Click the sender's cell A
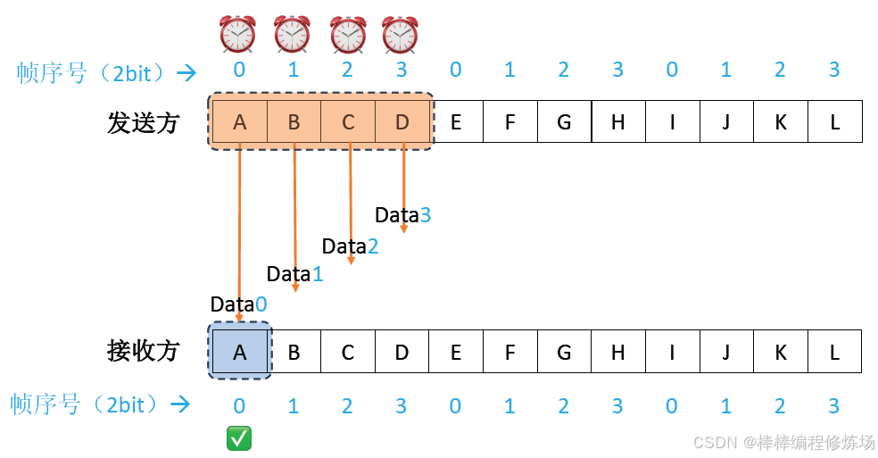(x=239, y=122)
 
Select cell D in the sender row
(x=402, y=122)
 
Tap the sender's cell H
(x=617, y=122)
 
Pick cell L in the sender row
(x=834, y=122)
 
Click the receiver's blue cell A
(x=239, y=352)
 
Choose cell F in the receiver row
(x=509, y=352)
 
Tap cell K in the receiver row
(x=780, y=352)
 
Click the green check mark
(x=239, y=438)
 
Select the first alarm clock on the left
(x=237, y=35)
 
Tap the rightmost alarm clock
(x=400, y=35)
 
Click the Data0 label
(x=238, y=304)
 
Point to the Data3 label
(x=402, y=214)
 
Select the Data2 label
(x=350, y=246)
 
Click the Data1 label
(x=294, y=274)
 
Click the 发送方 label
(x=144, y=123)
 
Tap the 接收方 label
(x=144, y=352)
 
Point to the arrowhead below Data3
(x=404, y=229)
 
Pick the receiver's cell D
(x=402, y=352)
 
